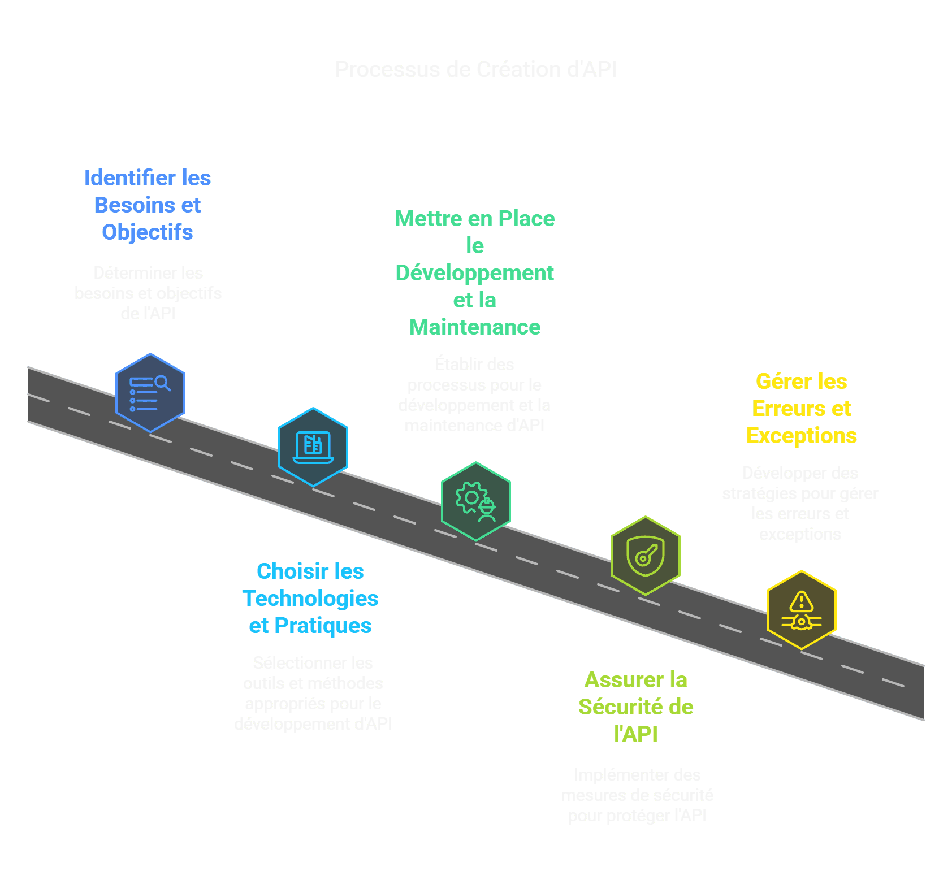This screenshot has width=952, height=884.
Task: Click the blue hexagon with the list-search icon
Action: (150, 393)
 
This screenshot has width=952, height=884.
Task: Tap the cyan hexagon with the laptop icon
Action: (313, 447)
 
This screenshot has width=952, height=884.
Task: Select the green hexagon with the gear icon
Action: (475, 501)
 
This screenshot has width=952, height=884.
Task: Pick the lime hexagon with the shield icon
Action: (645, 556)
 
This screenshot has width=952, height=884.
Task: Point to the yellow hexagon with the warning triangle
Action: (801, 610)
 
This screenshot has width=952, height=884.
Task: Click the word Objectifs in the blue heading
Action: (148, 232)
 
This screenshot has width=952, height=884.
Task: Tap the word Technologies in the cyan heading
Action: (310, 599)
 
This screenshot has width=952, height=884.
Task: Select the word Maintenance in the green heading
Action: (475, 327)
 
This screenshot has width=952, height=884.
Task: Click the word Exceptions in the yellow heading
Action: (801, 436)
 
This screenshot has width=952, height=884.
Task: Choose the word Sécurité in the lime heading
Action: (622, 707)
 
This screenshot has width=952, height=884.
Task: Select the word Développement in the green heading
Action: (475, 273)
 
